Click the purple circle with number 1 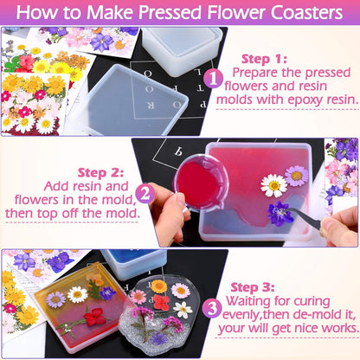213,79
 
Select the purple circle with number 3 211,305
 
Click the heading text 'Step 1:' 267,59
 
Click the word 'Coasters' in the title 292,13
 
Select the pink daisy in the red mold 297,176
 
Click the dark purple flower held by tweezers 280,213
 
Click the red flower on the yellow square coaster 94,317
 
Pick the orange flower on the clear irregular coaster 158,286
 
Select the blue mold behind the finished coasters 130,262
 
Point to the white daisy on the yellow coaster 78,294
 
